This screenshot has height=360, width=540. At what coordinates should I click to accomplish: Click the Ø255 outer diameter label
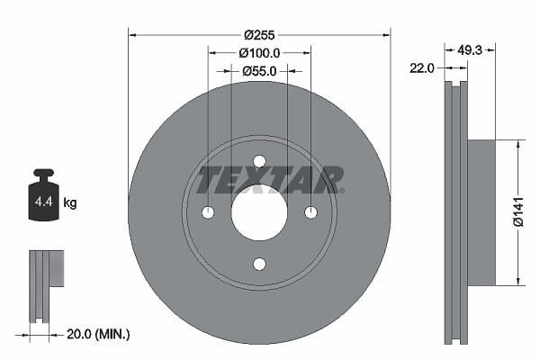(x=259, y=35)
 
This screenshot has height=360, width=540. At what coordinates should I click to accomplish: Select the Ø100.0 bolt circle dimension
(x=259, y=53)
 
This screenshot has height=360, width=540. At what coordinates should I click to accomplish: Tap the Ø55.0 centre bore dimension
(x=259, y=71)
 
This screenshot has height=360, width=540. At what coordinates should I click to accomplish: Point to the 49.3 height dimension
(x=470, y=50)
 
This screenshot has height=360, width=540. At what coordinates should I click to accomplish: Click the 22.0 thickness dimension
(x=422, y=68)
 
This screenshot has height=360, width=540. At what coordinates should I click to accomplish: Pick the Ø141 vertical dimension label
(x=518, y=211)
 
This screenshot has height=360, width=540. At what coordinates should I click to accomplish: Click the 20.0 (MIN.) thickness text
(x=98, y=334)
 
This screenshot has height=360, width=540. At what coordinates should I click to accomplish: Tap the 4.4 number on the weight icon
(x=44, y=202)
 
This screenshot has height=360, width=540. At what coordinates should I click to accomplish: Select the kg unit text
(x=70, y=202)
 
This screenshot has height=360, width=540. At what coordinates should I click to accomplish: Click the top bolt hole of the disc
(x=259, y=161)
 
